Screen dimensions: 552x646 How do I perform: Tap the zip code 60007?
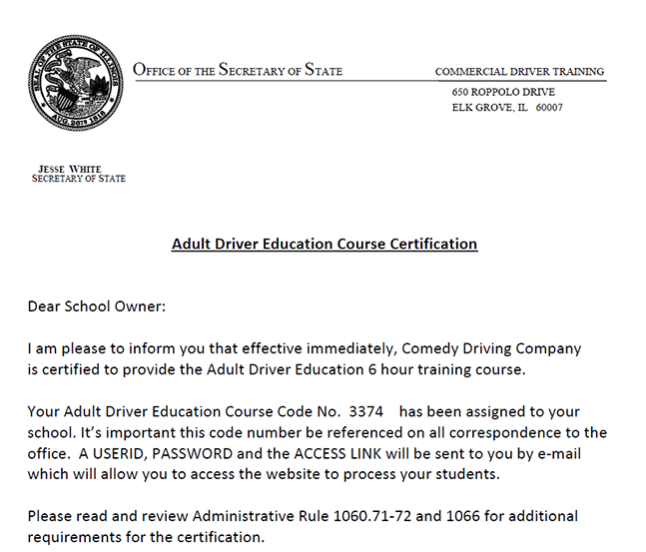pyautogui.click(x=549, y=108)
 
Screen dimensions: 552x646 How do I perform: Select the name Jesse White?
pyautogui.click(x=70, y=169)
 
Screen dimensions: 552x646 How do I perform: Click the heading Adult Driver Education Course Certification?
pyautogui.click(x=324, y=244)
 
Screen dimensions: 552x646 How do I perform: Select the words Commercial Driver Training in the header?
pyautogui.click(x=519, y=72)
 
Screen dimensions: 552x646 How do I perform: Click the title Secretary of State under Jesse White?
pyautogui.click(x=79, y=179)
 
